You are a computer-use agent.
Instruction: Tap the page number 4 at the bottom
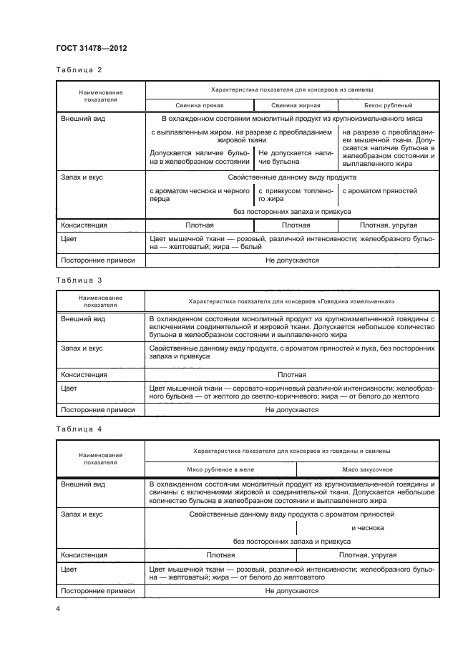pyautogui.click(x=58, y=608)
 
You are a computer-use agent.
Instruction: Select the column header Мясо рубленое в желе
pyautogui.click(x=220, y=469)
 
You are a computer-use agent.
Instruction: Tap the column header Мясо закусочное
pyautogui.click(x=366, y=469)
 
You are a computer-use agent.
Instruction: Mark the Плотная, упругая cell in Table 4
pyautogui.click(x=366, y=555)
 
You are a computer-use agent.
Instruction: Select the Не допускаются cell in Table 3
pyautogui.click(x=292, y=410)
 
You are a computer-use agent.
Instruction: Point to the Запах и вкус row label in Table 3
pyautogui.click(x=82, y=348)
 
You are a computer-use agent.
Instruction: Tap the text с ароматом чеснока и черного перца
pyautogui.click(x=199, y=195)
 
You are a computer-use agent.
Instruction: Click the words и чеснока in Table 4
pyautogui.click(x=367, y=527)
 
